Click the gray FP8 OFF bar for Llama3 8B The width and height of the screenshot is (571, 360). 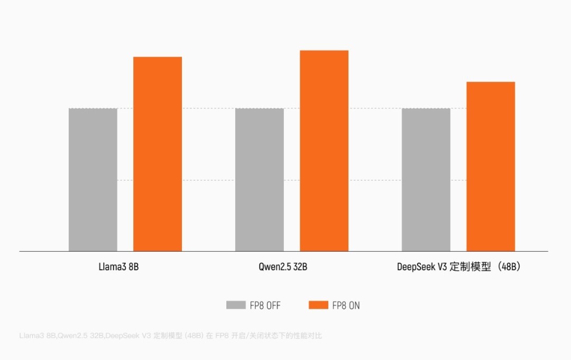click(93, 180)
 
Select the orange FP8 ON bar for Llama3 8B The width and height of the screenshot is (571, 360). click(158, 154)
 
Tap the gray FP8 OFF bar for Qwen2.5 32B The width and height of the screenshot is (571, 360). click(260, 180)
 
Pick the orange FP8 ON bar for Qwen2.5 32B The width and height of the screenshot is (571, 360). click(324, 151)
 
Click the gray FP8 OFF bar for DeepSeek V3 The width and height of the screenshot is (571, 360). click(426, 180)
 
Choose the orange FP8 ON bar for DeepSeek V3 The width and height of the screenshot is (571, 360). click(491, 167)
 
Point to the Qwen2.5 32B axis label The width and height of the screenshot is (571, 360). click(280, 267)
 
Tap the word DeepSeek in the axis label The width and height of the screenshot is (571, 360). click(415, 267)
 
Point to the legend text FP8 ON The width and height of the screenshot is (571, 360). click(346, 306)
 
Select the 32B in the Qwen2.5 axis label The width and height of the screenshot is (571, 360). click(299, 267)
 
